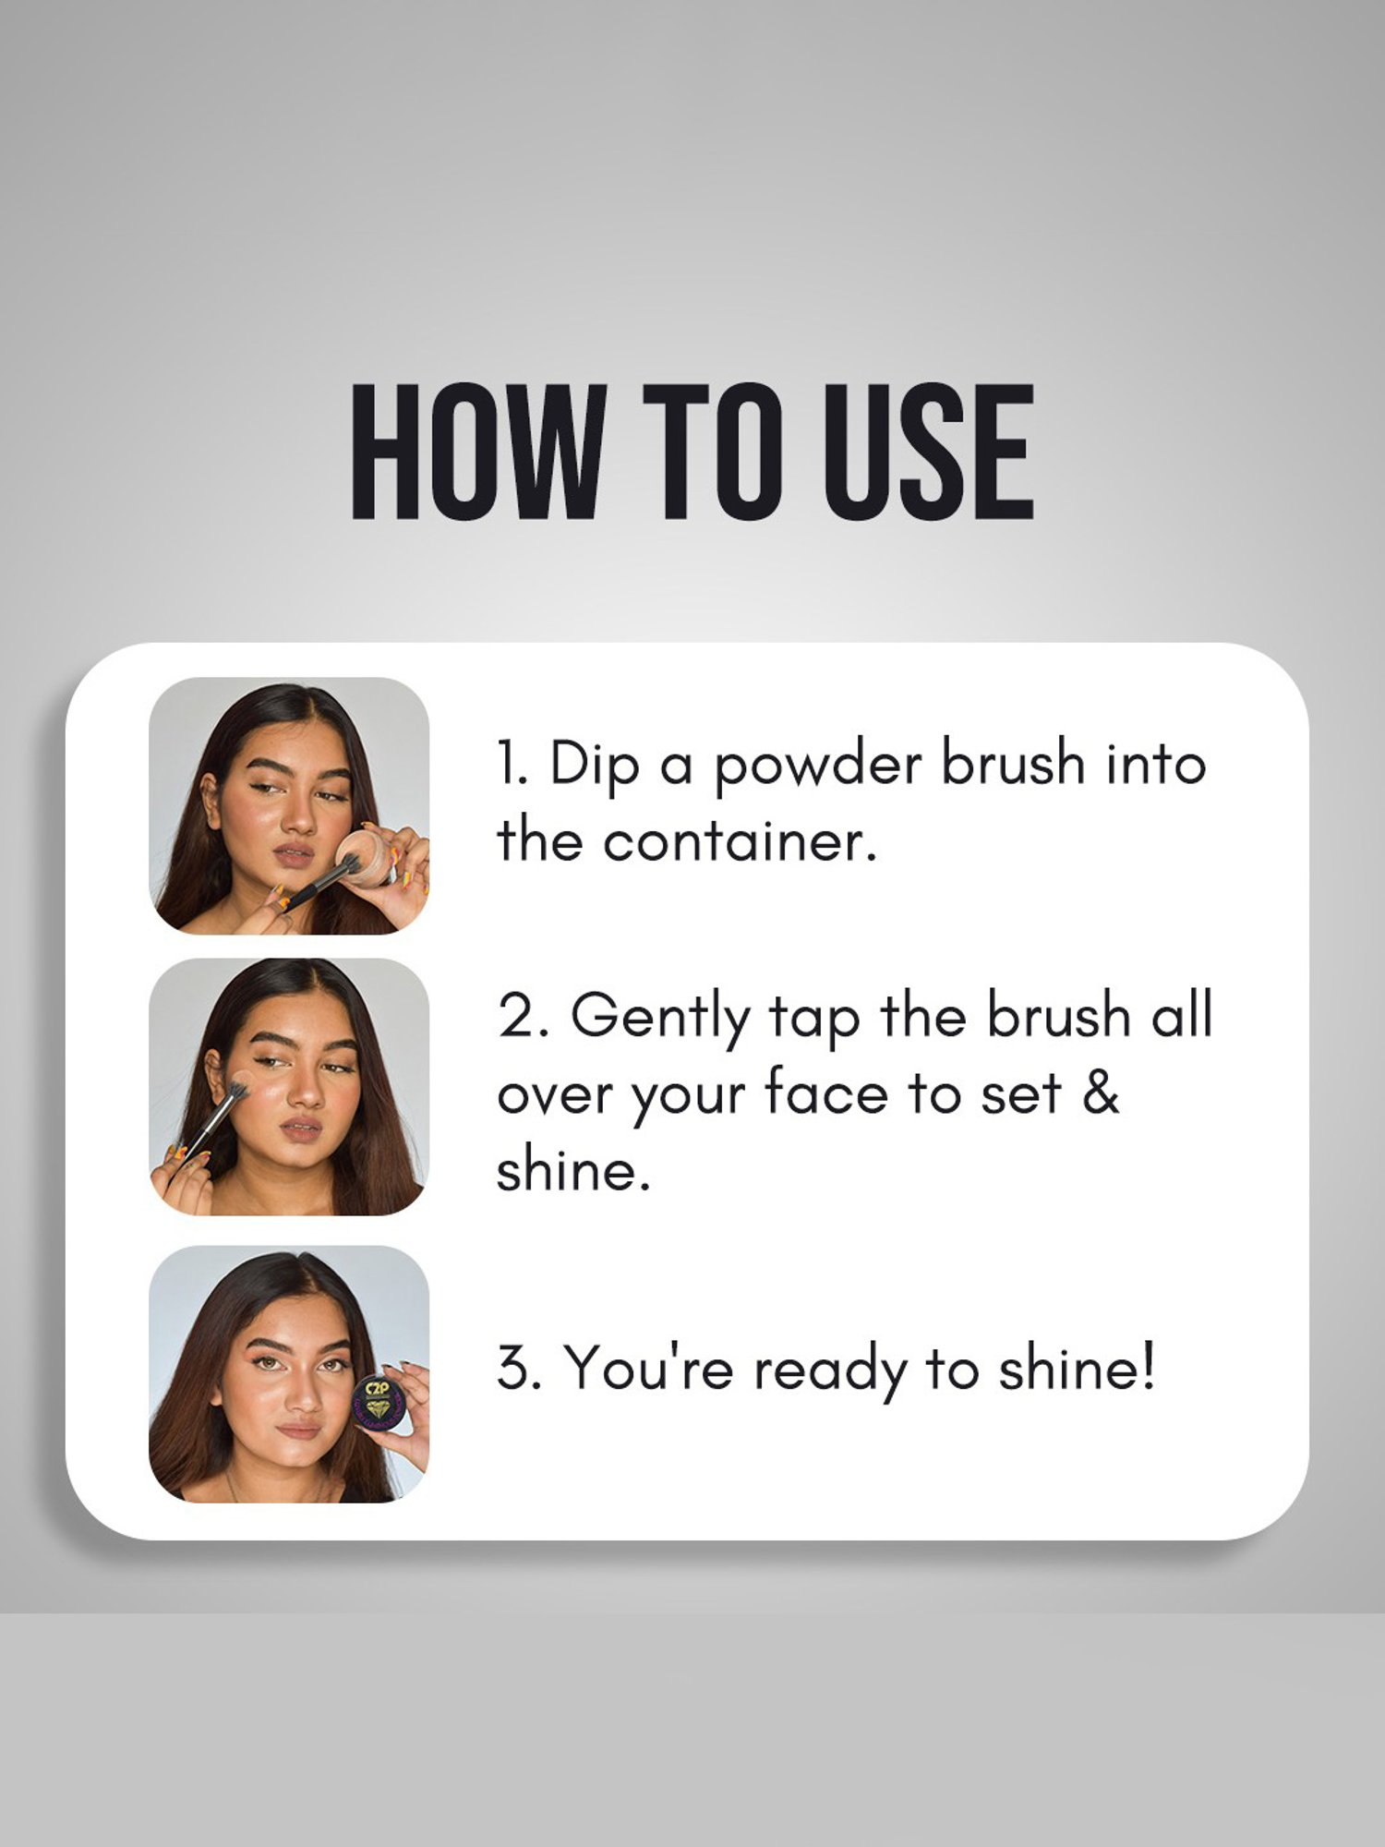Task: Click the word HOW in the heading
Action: (479, 452)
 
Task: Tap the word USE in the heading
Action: (929, 452)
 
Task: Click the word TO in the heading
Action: (717, 452)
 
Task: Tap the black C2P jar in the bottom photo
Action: (379, 1405)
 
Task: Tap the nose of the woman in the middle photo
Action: (305, 1091)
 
